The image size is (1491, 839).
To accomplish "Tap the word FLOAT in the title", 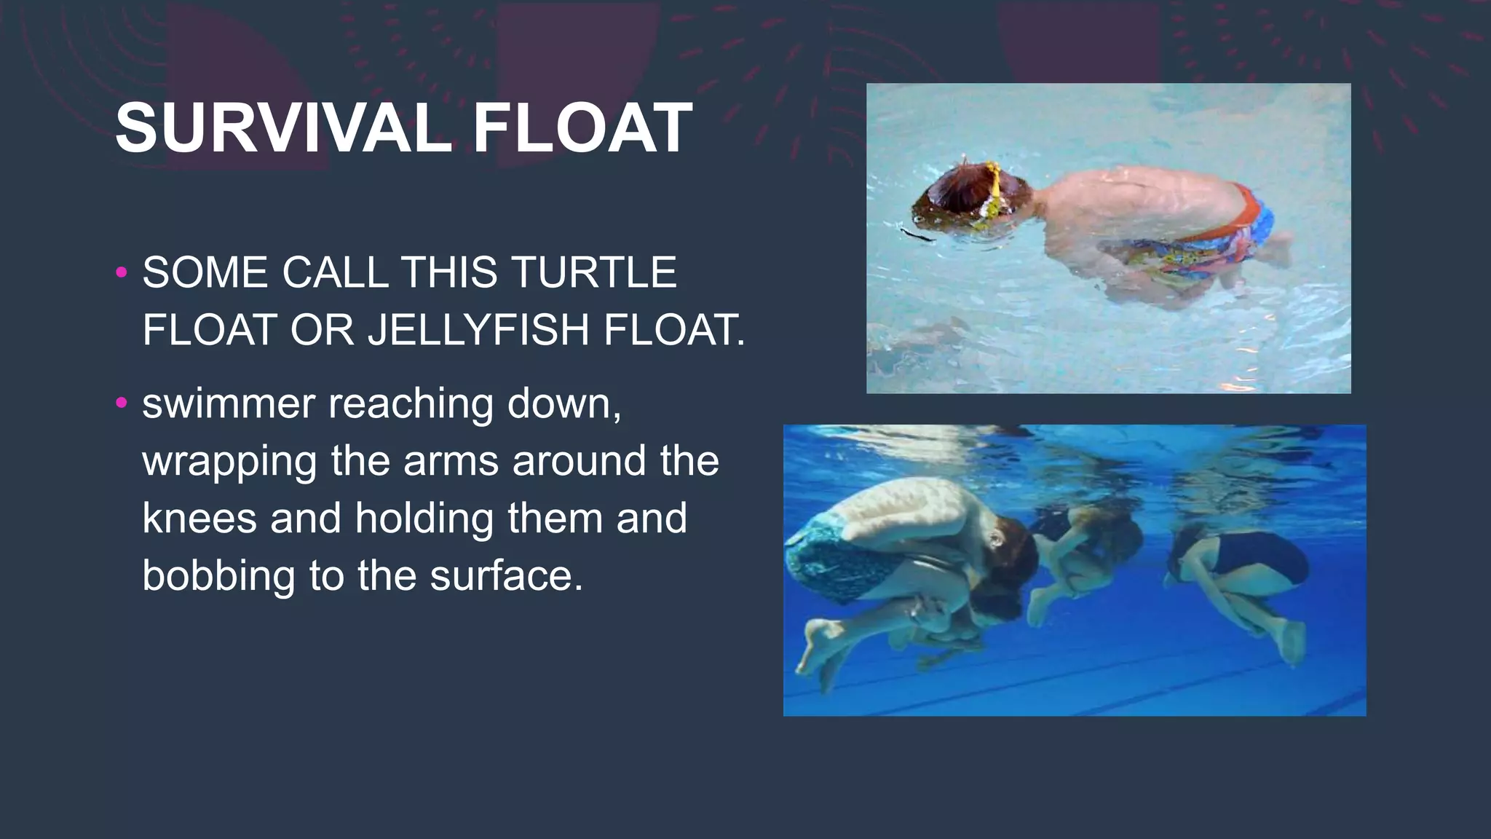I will pos(582,128).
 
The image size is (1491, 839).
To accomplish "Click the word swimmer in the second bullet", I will pos(229,403).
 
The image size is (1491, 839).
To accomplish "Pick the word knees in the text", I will pos(199,518).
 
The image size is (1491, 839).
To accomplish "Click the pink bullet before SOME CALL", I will pos(122,273).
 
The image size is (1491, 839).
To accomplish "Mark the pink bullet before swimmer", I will pos(122,403).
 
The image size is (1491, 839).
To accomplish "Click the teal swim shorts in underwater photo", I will pos(837,561).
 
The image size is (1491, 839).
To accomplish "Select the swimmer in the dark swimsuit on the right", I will pos(1245,575).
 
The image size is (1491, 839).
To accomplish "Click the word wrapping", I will pos(229,461).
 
